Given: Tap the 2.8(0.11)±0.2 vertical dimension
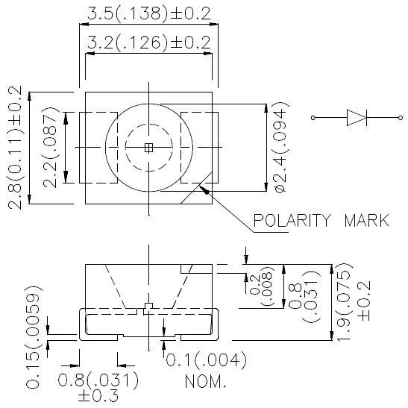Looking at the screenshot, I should click(14, 148).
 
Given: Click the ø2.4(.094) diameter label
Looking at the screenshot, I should click(279, 148).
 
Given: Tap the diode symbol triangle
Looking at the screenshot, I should click(356, 117).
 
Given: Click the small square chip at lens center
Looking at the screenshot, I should click(148, 148).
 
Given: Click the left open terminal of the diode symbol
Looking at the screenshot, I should click(313, 117).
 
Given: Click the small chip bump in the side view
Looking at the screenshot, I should click(148, 306).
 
